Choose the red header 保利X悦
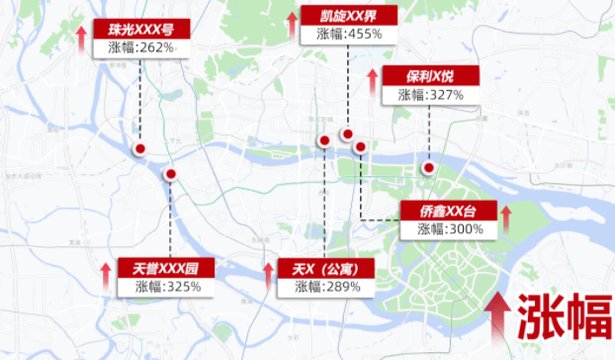point(431,76)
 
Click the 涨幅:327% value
point(431,95)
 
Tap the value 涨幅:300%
point(450,228)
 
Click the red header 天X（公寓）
point(324,268)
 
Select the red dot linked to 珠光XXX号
point(140,149)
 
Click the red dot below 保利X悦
point(428,167)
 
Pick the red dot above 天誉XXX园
point(170,174)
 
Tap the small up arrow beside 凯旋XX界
point(293,24)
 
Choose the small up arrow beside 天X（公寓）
point(268,276)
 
